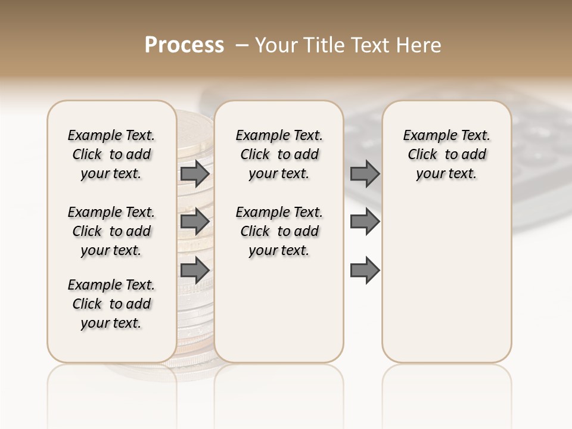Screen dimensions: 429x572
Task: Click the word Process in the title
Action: point(184,45)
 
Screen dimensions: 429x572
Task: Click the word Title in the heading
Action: point(318,45)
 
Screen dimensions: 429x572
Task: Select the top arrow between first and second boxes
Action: point(195,174)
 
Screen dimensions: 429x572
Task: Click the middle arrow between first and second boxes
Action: point(195,222)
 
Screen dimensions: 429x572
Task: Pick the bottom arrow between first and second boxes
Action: point(195,270)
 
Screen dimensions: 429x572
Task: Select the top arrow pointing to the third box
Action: point(365,174)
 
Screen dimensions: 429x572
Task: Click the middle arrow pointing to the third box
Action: point(365,222)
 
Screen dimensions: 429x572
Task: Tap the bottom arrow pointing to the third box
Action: point(365,270)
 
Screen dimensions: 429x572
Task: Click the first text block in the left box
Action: point(111,154)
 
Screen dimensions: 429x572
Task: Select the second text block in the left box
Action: point(111,231)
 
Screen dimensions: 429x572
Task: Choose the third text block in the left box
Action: point(111,304)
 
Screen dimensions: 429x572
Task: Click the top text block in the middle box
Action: point(279,154)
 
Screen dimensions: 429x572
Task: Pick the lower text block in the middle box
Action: point(279,231)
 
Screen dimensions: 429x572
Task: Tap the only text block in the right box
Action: point(446,154)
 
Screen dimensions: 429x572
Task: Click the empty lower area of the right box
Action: point(446,280)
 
